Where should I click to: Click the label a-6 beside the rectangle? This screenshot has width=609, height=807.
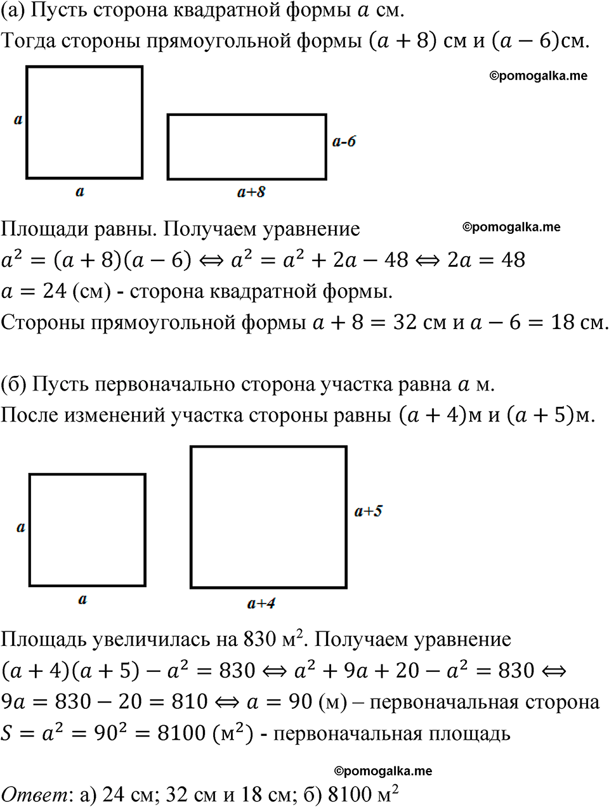click(x=344, y=141)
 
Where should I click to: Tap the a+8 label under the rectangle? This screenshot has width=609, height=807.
click(x=251, y=192)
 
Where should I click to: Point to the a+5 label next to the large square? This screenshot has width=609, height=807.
click(x=368, y=511)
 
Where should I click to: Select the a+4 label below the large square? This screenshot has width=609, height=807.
click(x=261, y=604)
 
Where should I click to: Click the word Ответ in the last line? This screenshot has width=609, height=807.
click(x=34, y=794)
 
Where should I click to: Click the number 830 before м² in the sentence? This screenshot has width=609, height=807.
click(x=260, y=639)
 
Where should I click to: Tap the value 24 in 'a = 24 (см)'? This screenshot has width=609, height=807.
click(x=55, y=291)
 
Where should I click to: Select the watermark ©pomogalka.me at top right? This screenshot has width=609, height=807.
click(x=538, y=75)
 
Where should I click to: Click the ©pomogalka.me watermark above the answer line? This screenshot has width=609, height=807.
click(x=383, y=771)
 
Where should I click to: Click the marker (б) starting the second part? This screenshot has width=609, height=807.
click(x=13, y=384)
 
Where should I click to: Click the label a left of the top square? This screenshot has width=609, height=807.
click(x=18, y=119)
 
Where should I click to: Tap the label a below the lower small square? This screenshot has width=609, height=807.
click(x=82, y=599)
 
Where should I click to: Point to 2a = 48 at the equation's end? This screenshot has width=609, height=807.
click(x=486, y=260)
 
